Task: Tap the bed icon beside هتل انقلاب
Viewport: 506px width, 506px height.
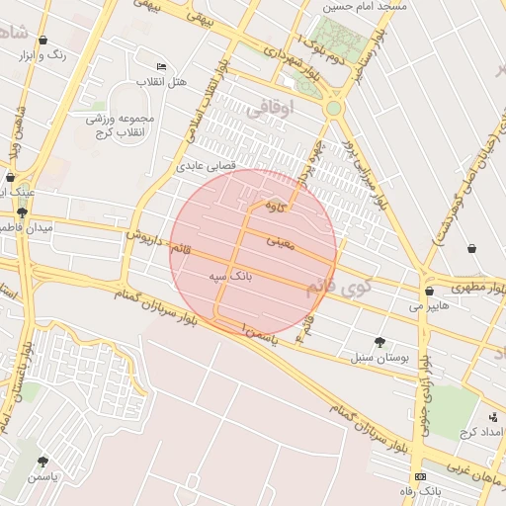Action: [x=162, y=65]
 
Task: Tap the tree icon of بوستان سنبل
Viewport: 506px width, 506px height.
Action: [x=379, y=342]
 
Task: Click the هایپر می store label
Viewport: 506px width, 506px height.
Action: [x=429, y=307]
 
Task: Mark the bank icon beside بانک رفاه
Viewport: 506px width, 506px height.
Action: [x=421, y=476]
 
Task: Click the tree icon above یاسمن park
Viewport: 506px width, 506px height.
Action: [x=42, y=462]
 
